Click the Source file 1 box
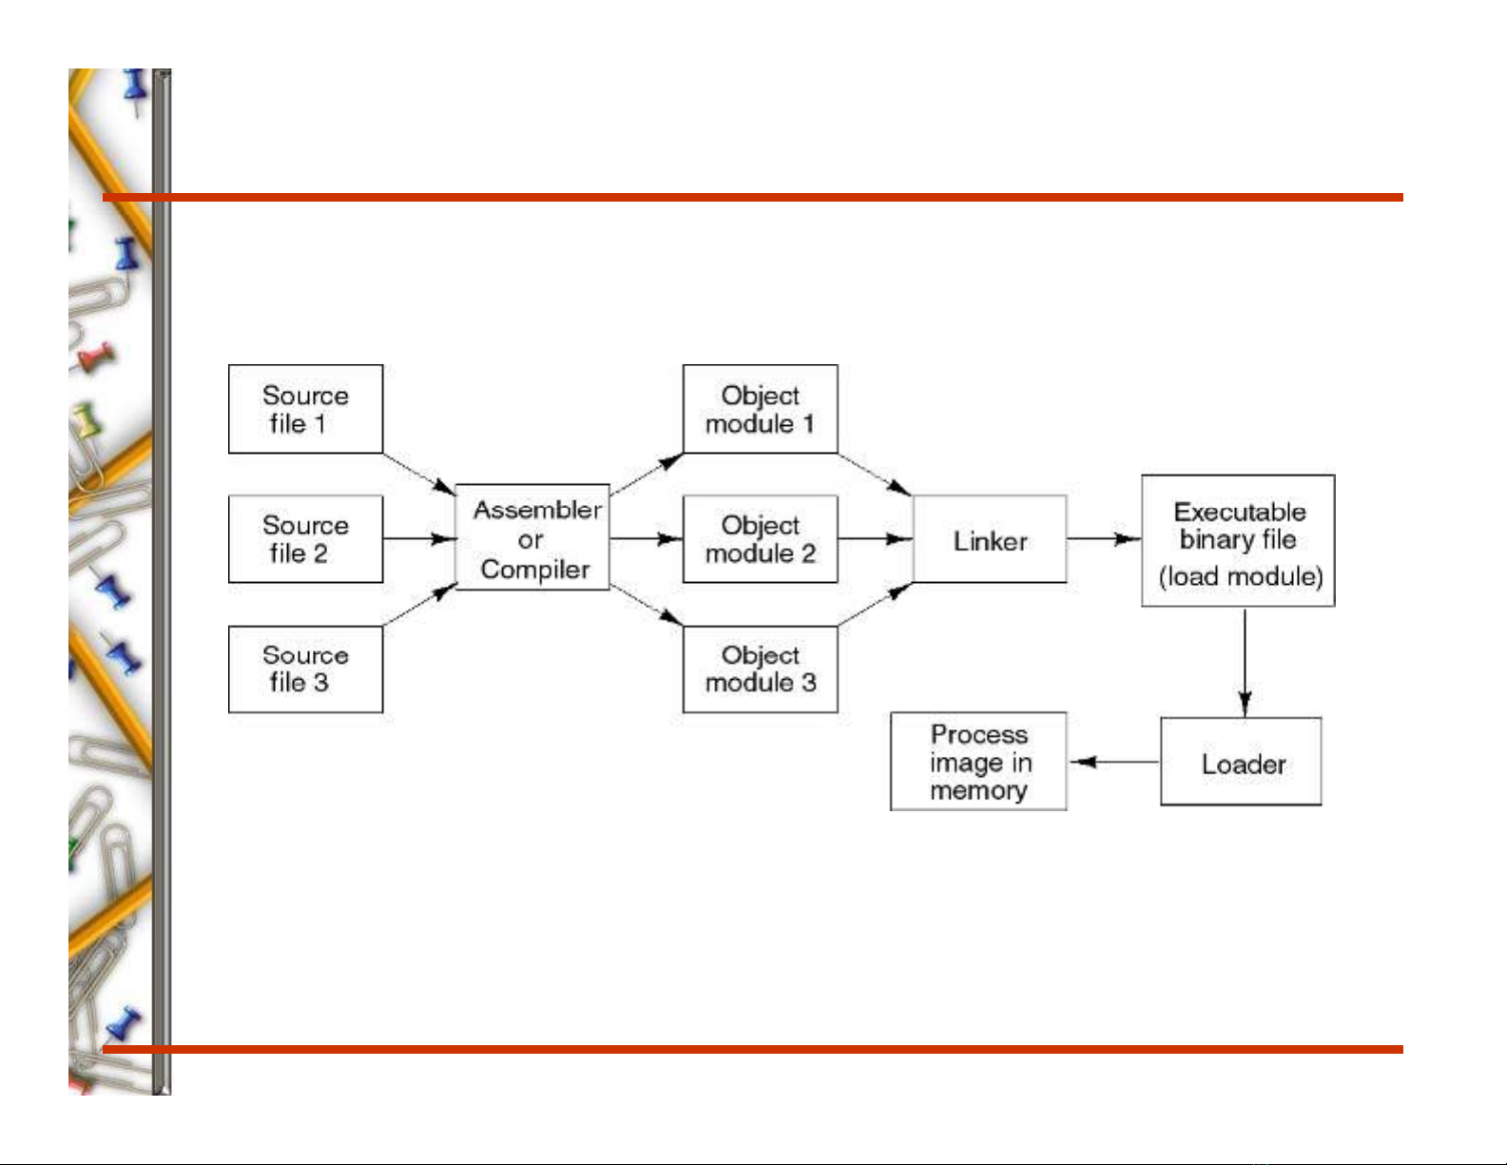pos(305,409)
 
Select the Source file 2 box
pos(305,538)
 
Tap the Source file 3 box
pos(305,669)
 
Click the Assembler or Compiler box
pos(532,538)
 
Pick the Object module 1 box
pos(760,409)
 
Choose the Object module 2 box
pos(760,538)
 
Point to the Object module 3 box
pos(760,669)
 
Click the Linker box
pos(989,539)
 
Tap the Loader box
pos(1241,763)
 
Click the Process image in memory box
pos(978,762)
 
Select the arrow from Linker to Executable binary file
pos(1103,539)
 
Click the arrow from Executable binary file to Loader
pos(1245,662)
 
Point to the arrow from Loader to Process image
pos(1113,762)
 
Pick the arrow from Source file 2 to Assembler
pos(418,539)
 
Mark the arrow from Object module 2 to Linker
pos(875,539)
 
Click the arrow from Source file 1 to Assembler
pos(418,474)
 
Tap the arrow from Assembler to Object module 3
pos(647,606)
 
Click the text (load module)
pos(1240,577)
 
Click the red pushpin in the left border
pos(96,358)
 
